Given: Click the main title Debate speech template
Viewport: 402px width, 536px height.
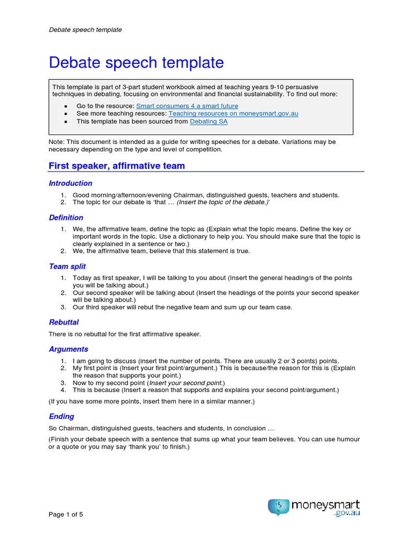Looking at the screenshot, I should tap(136, 63).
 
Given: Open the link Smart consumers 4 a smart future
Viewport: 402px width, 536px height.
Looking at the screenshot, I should tap(187, 106).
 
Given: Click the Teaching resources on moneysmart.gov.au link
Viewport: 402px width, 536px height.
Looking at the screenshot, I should tap(233, 114).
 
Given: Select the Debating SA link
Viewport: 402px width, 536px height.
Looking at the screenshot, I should tap(208, 121).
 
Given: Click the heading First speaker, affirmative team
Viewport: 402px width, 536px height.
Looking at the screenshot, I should tap(117, 166).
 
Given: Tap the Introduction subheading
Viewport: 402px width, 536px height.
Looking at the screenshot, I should tap(70, 183).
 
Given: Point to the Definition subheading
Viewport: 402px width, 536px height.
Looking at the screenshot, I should tap(66, 218).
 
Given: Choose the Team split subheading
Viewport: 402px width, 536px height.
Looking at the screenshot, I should tap(67, 266).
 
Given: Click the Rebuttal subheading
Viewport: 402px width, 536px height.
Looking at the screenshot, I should tap(63, 322).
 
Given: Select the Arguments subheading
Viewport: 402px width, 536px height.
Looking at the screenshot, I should tap(68, 349).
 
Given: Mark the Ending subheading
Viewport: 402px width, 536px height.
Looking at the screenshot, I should tap(61, 417).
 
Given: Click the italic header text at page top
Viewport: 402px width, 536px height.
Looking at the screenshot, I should tap(85, 30).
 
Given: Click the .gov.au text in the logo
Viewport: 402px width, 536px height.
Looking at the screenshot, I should tap(347, 514).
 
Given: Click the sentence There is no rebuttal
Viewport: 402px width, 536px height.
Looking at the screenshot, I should tap(125, 334).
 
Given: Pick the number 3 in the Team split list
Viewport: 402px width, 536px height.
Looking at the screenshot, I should tap(62, 307).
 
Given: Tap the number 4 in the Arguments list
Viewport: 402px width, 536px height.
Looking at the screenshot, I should tap(62, 390).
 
